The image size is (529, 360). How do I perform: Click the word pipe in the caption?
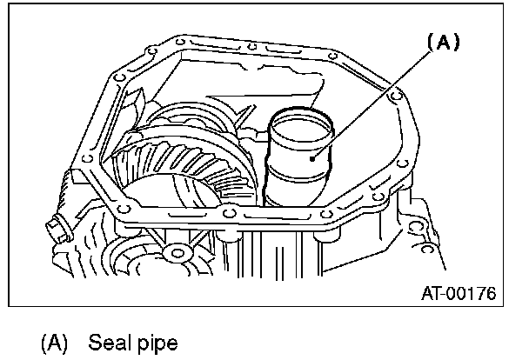tap(155, 342)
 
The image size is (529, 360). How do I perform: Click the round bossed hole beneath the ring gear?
tap(179, 254)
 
